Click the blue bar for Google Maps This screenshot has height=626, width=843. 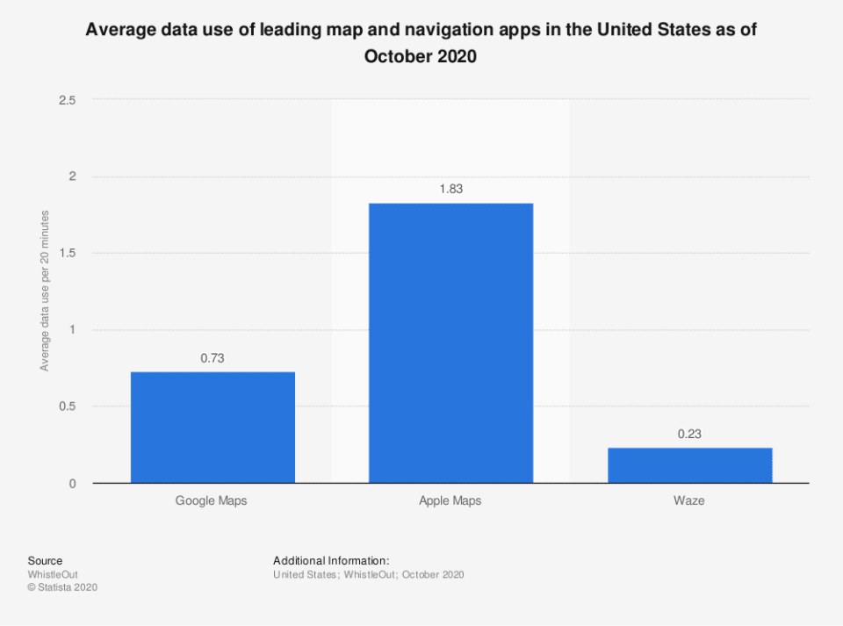click(213, 428)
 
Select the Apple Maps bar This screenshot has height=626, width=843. click(450, 343)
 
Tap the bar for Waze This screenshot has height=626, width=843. click(689, 465)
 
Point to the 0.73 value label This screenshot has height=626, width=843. click(213, 358)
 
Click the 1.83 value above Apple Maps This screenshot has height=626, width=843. click(450, 189)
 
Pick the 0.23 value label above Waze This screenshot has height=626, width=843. click(689, 434)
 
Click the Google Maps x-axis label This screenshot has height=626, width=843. click(213, 501)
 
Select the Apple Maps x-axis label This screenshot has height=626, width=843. click(450, 501)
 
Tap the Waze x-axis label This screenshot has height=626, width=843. click(689, 501)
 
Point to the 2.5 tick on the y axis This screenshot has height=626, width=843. click(68, 100)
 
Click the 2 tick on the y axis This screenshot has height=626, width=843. click(73, 176)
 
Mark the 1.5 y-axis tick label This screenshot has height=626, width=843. click(68, 254)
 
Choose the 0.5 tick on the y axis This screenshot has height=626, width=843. click(68, 407)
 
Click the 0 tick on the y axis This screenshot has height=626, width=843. click(73, 484)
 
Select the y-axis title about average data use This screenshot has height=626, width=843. click(45, 291)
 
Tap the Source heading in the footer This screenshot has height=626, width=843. click(45, 561)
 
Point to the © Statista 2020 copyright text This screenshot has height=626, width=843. click(62, 587)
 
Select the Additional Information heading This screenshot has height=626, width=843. click(331, 561)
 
